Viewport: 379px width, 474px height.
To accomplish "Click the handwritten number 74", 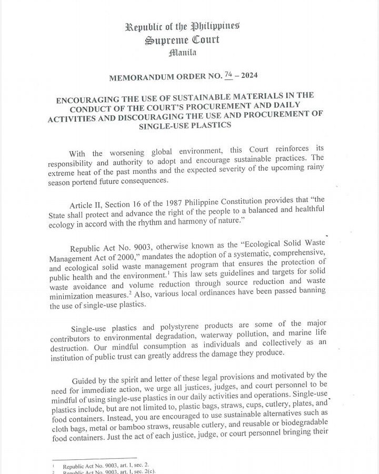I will tap(228, 75).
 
